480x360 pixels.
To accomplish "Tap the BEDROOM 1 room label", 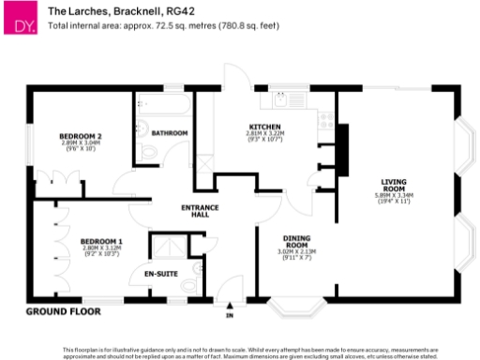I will point(101,240).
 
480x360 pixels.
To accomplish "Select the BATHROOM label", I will point(170,133).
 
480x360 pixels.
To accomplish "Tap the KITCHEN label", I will point(262,127).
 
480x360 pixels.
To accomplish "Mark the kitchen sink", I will point(280,97).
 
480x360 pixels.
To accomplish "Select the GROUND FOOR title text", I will point(64,310).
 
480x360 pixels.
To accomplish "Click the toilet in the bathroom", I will point(150,153).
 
